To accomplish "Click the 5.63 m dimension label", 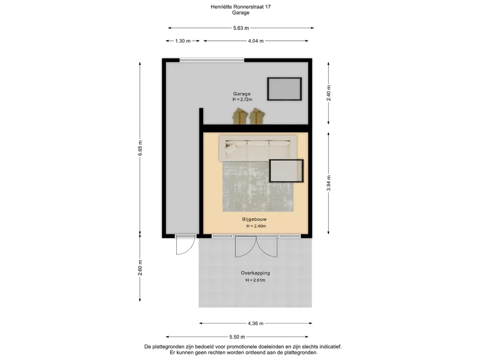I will (241, 28).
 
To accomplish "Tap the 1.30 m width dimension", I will (183, 41).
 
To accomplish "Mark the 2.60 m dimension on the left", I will (140, 269).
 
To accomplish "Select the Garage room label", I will (242, 94).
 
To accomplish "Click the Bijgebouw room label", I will (255, 219).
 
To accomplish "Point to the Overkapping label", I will (255, 273).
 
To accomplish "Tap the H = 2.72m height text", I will (242, 99).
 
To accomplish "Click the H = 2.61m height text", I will (255, 280).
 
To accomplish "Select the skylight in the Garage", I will (284, 89).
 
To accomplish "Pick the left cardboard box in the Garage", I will (240, 116).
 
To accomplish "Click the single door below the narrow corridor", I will (185, 245).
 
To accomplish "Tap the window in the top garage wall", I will (212, 60).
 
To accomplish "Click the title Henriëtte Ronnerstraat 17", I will (240, 7).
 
